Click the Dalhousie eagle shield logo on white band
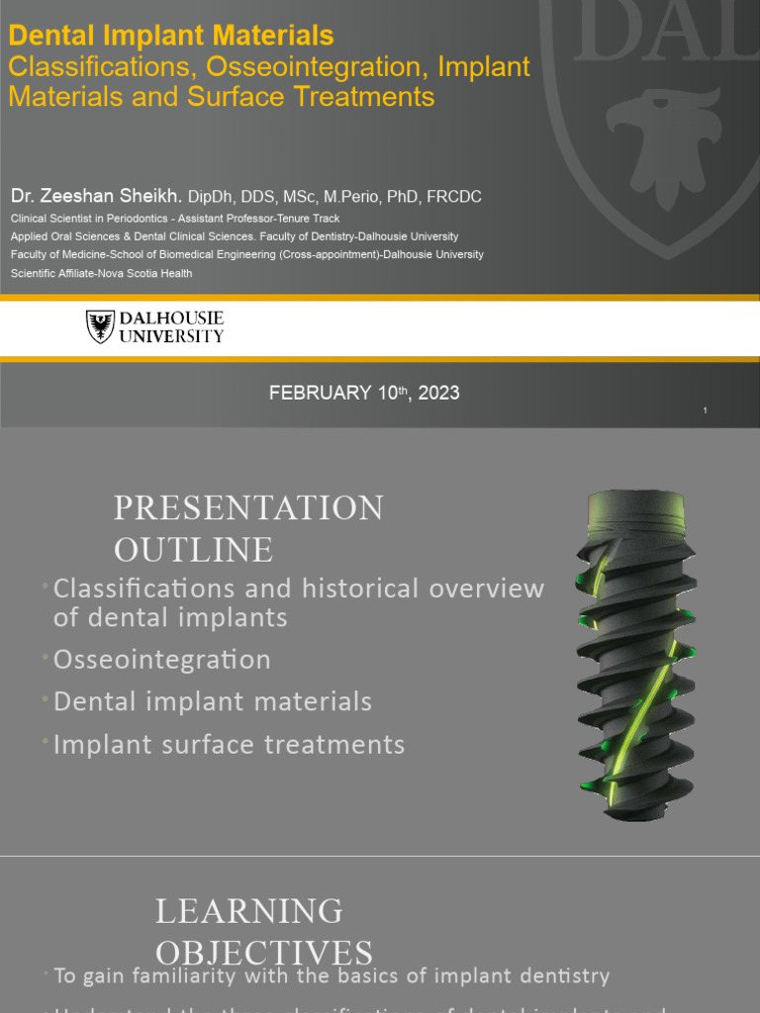[x=100, y=326]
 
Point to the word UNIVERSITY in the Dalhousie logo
[x=171, y=336]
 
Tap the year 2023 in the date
[x=438, y=393]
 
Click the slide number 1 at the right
[x=706, y=411]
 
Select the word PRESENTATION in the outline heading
[x=248, y=507]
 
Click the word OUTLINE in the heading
[x=193, y=549]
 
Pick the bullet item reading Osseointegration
[x=161, y=660]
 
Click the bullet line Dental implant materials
[x=213, y=701]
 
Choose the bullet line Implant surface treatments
[x=229, y=744]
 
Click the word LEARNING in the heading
[x=249, y=910]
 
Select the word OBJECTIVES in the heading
[x=264, y=952]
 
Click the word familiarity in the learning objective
[x=186, y=976]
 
